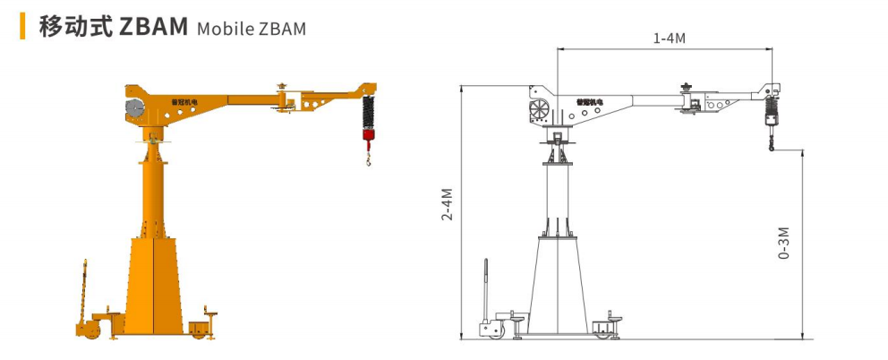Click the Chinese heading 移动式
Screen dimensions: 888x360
[x=74, y=27]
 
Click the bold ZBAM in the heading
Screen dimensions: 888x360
[x=153, y=27]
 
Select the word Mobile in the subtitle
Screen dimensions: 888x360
[x=225, y=29]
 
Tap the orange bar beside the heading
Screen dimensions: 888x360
[x=22, y=26]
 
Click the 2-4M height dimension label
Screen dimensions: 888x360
[x=448, y=206]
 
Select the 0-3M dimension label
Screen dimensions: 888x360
[x=784, y=244]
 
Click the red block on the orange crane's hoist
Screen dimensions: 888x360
[x=369, y=134]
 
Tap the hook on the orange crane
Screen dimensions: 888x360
[x=369, y=160]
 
